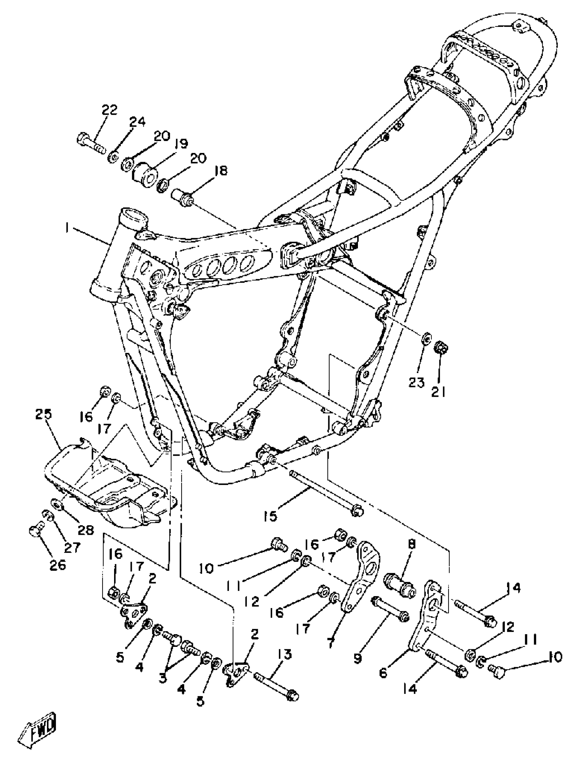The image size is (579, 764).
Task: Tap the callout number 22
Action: tap(109, 110)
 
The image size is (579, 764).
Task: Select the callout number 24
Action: tap(137, 122)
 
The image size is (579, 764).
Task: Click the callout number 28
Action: tap(85, 530)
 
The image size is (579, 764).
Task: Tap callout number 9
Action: tap(358, 659)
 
